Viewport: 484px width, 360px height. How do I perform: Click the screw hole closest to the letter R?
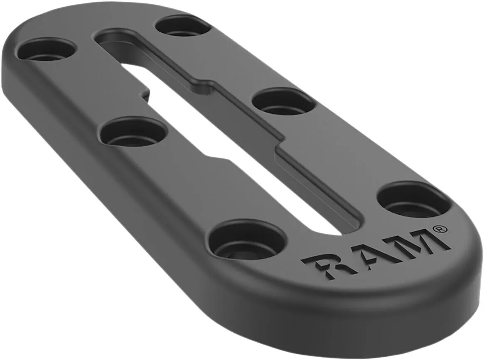pos(248,241)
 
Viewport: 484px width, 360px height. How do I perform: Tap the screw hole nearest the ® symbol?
pos(414,201)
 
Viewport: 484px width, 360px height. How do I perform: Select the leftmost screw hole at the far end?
pos(47,51)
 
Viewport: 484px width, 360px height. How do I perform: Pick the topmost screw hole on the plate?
pos(183,27)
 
